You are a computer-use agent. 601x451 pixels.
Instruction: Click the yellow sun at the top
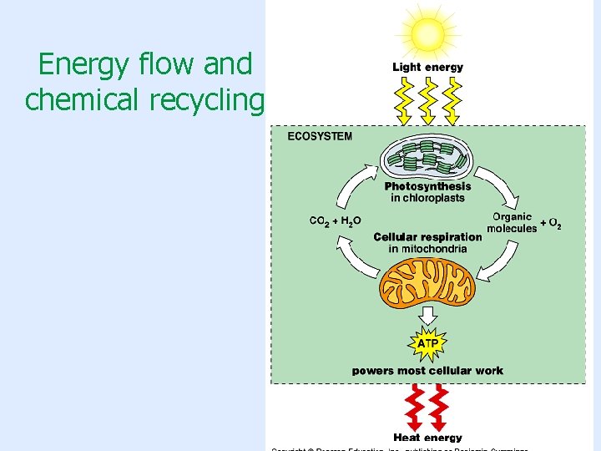point(427,33)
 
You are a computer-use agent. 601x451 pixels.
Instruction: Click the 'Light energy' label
point(427,68)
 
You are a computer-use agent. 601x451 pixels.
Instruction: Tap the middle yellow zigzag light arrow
point(428,99)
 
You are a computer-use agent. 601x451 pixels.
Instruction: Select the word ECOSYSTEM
point(320,136)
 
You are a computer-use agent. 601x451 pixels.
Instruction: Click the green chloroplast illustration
point(428,158)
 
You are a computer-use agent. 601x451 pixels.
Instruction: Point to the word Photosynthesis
point(427,186)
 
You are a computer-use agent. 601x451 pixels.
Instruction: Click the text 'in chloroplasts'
point(427,198)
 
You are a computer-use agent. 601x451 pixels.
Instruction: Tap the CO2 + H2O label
point(336,221)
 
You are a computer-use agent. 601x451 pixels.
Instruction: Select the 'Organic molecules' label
point(512,223)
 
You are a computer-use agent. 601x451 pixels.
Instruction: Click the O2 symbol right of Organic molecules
point(553,225)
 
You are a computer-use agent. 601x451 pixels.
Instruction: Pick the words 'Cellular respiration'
point(427,236)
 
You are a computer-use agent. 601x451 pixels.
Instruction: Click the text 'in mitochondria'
point(427,248)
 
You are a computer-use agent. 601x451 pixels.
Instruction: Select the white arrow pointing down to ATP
point(427,316)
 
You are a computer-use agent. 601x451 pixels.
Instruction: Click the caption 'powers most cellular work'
point(427,370)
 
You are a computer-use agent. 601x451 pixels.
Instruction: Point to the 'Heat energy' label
point(427,437)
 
